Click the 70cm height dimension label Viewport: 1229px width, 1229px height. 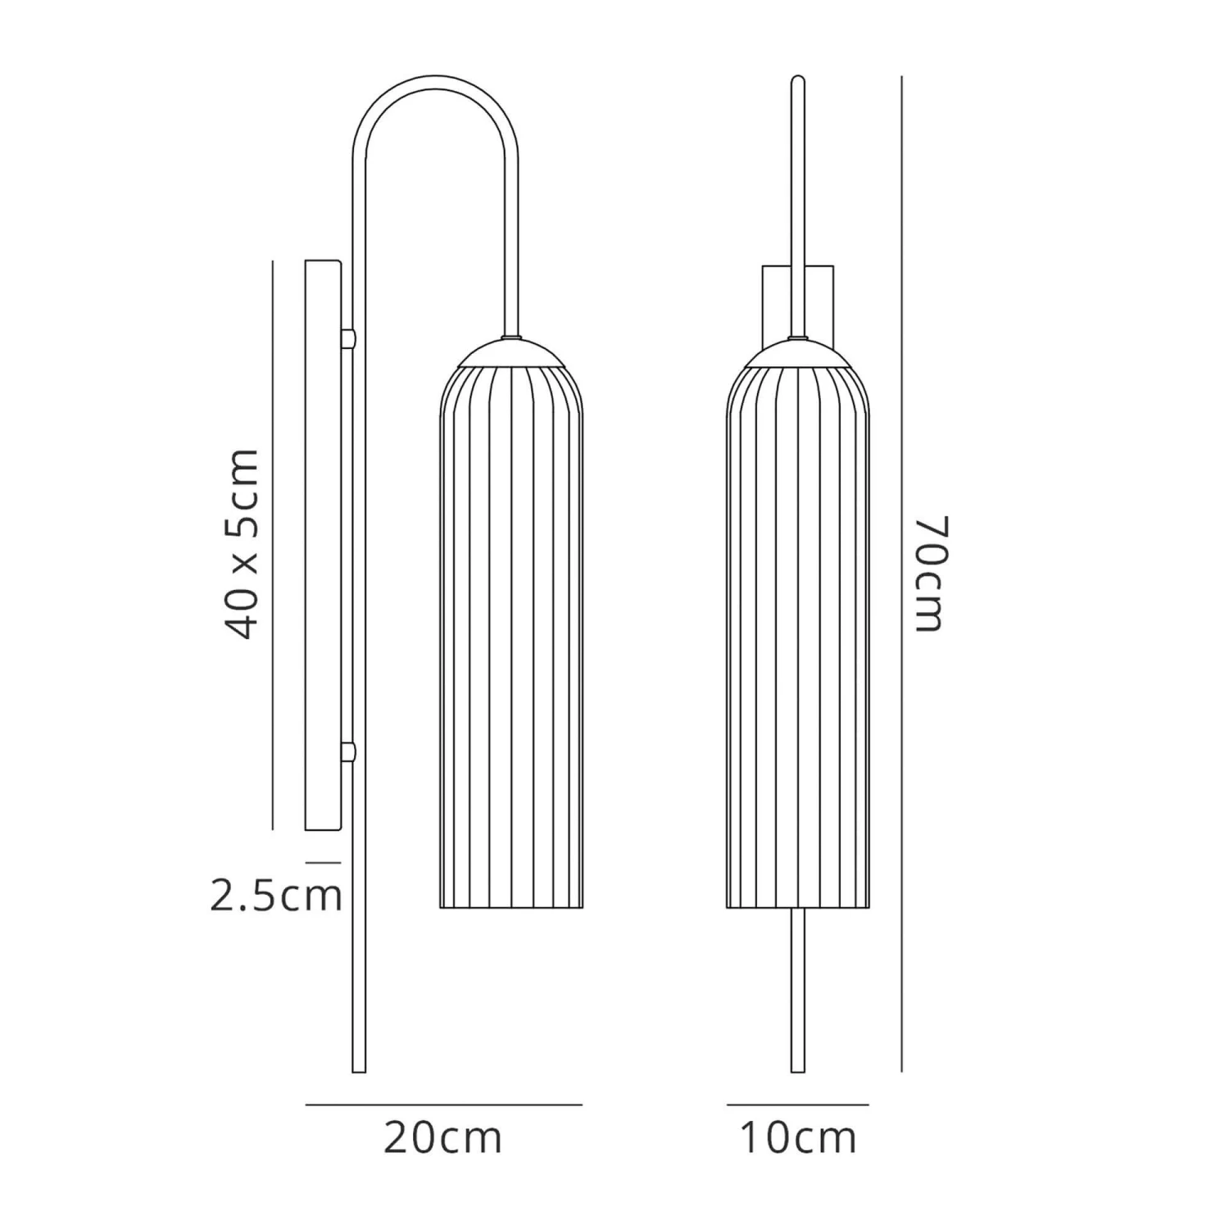click(930, 574)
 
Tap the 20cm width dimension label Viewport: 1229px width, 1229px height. click(442, 1137)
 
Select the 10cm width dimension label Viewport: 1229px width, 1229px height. click(797, 1137)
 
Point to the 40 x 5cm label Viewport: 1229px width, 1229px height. click(243, 543)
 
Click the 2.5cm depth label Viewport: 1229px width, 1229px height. click(275, 896)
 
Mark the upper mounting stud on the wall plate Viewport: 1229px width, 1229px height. click(348, 338)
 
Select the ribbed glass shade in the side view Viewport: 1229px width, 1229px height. click(511, 639)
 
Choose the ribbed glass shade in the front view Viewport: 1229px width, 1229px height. click(797, 639)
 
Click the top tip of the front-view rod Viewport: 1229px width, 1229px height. click(797, 82)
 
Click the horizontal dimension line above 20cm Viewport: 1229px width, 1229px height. click(443, 1104)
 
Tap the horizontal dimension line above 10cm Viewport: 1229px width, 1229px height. click(797, 1104)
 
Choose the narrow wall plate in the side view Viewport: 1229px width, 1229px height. click(323, 545)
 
